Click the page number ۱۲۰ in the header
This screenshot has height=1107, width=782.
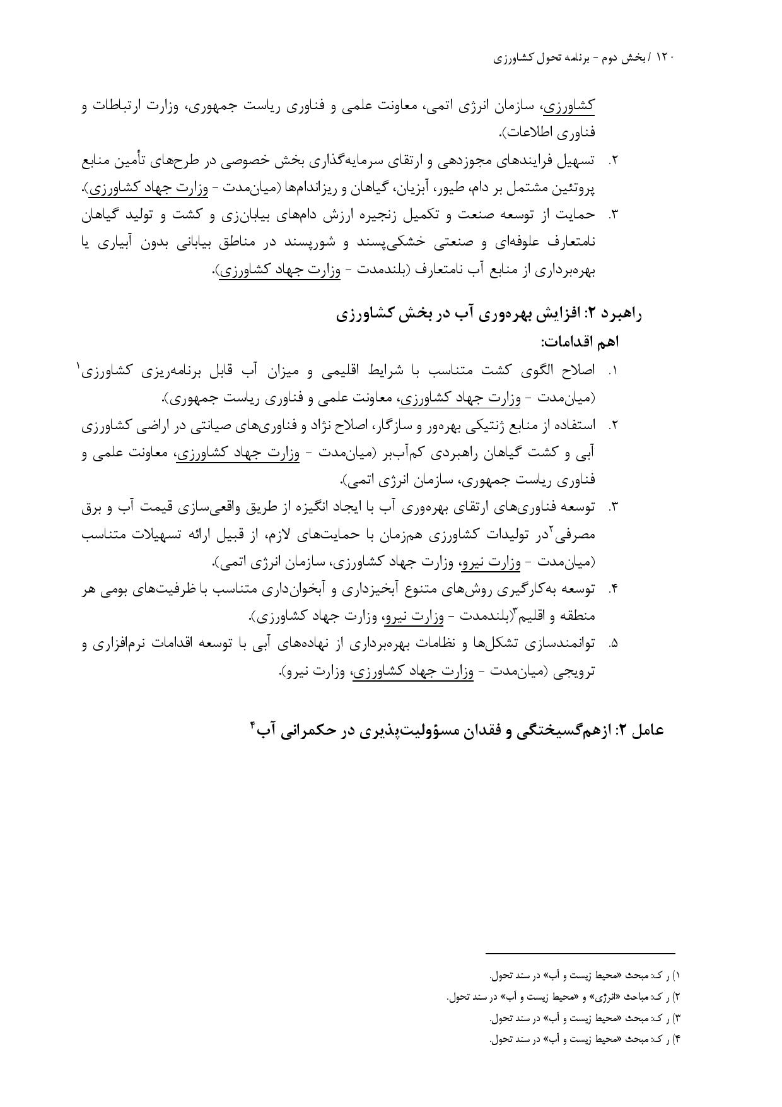665,57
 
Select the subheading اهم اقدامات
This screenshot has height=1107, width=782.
580,342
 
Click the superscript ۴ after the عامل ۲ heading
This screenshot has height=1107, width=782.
252,725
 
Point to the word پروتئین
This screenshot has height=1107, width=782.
574,188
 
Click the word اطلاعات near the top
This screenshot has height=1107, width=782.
528,133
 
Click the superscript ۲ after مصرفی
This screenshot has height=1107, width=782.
551,529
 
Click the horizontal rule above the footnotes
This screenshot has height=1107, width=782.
580,953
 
